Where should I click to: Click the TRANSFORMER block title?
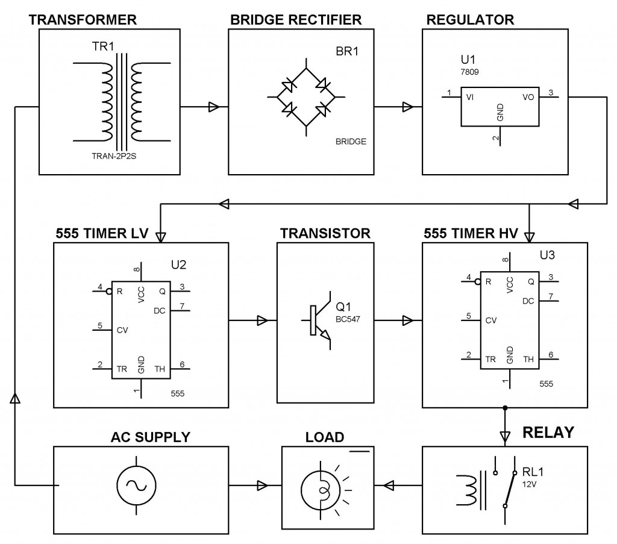click(83, 19)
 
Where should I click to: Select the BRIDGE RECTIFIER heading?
click(296, 19)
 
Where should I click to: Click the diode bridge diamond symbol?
click(306, 96)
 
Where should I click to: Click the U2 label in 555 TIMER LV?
click(179, 265)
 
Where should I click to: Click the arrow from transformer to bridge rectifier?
click(212, 107)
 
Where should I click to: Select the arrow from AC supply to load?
click(262, 485)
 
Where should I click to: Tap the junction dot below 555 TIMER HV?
click(505, 408)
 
